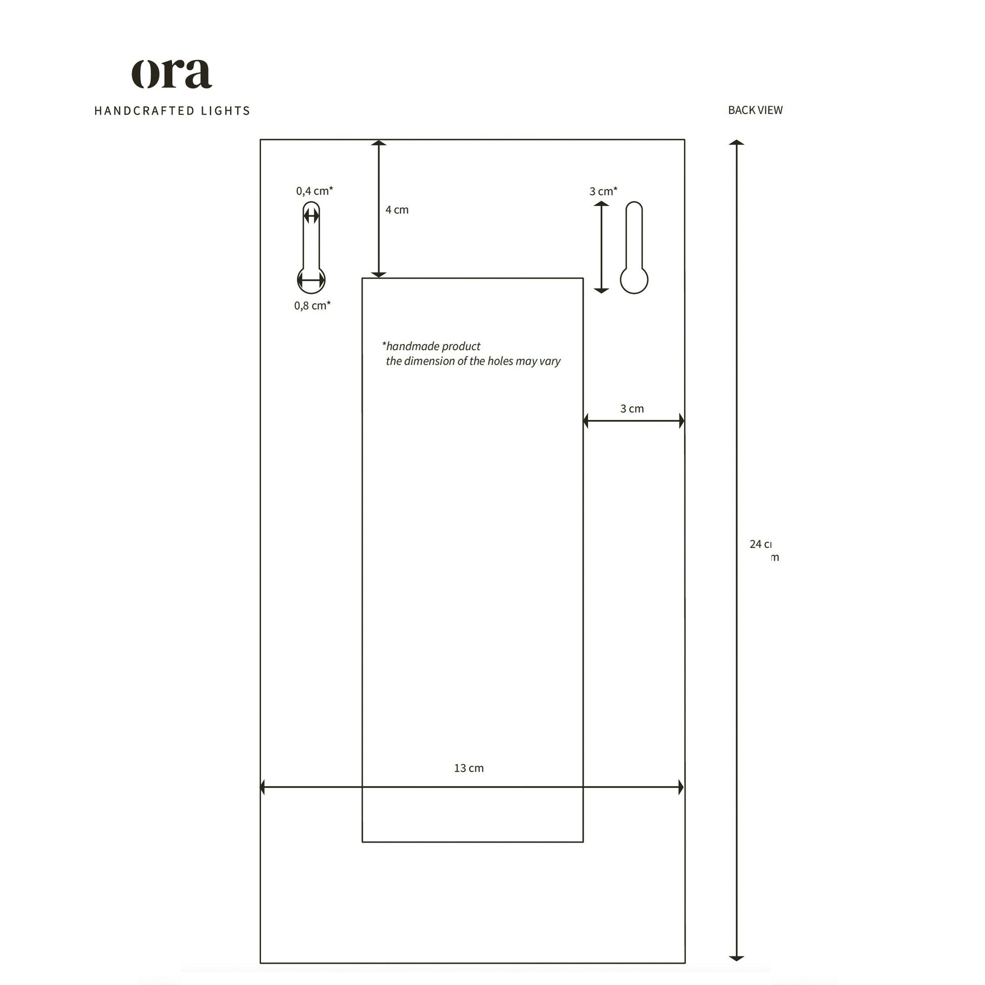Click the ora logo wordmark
pyautogui.click(x=172, y=74)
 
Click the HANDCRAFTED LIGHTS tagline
pyautogui.click(x=172, y=111)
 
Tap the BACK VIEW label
pyautogui.click(x=755, y=110)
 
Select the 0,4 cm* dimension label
pyautogui.click(x=314, y=191)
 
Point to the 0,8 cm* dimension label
pyautogui.click(x=312, y=305)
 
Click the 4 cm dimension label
pyautogui.click(x=396, y=209)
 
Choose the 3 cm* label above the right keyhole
pyautogui.click(x=603, y=191)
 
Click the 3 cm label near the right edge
pyautogui.click(x=632, y=408)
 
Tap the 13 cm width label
pyautogui.click(x=468, y=768)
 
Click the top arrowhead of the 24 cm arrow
pyautogui.click(x=736, y=143)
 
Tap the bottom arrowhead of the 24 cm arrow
pyautogui.click(x=736, y=958)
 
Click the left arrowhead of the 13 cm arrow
pyautogui.click(x=263, y=787)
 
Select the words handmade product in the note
pyautogui.click(x=433, y=346)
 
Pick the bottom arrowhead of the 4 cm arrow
pyautogui.click(x=378, y=274)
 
